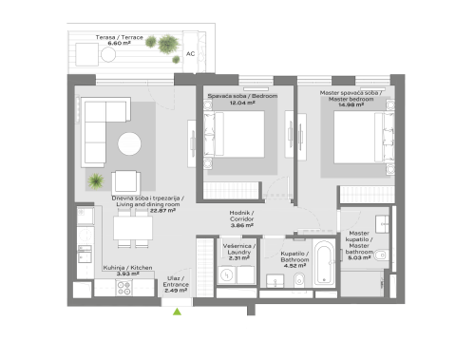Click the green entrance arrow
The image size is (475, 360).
point(177,309)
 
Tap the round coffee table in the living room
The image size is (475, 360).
point(129,143)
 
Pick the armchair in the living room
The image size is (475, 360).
point(126,180)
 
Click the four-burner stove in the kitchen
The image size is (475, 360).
point(123,285)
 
